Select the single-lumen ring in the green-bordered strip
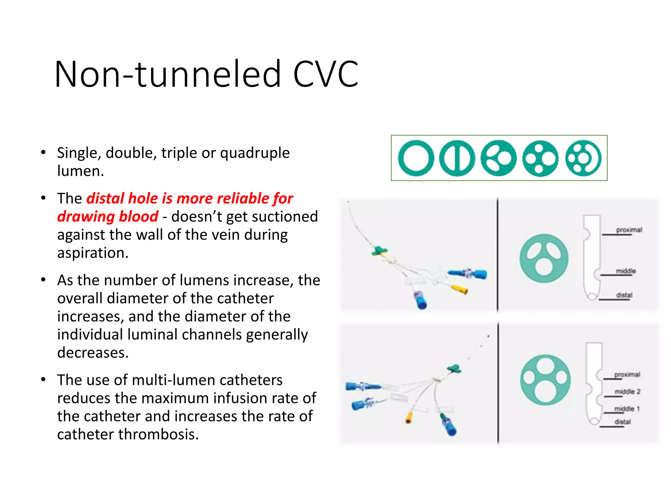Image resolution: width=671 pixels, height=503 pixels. [x=416, y=158]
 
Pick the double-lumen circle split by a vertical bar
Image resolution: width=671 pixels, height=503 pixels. [x=457, y=158]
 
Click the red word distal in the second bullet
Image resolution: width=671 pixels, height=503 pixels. [x=105, y=198]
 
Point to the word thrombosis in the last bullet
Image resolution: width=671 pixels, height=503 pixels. [x=158, y=435]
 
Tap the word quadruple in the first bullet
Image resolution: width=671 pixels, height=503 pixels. [x=255, y=153]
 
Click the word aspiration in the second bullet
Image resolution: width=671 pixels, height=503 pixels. [x=92, y=253]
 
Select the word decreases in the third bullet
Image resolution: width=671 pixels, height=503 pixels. [x=92, y=353]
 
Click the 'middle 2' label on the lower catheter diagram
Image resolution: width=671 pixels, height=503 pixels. [x=627, y=392]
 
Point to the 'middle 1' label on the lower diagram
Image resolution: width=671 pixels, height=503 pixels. [x=627, y=409]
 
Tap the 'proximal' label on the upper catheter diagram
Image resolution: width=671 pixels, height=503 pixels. [x=629, y=230]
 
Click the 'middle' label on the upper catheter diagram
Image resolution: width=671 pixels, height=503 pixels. [x=625, y=271]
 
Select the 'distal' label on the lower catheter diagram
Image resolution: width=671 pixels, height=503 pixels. [x=623, y=422]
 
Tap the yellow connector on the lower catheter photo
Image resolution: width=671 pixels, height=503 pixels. [x=409, y=418]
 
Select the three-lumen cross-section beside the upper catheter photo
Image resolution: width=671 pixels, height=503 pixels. [x=544, y=258]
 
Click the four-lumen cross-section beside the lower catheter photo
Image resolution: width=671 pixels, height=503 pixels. [x=545, y=380]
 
